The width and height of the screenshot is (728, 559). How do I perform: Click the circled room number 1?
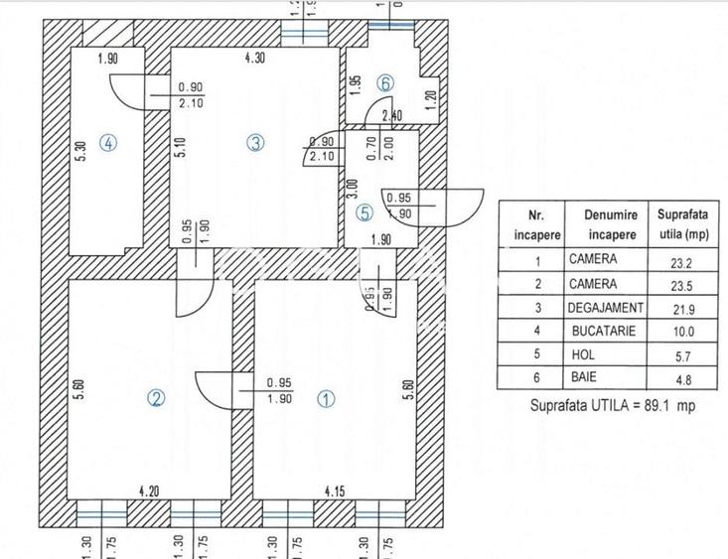[325, 398]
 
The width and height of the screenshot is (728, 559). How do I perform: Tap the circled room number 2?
[156, 398]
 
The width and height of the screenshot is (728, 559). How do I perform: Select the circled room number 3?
[255, 143]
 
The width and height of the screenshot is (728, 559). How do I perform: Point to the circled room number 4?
[108, 143]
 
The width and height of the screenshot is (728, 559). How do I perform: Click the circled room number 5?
[364, 211]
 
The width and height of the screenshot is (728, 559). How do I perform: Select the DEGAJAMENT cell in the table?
[606, 308]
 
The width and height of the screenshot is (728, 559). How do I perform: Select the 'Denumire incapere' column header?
[604, 223]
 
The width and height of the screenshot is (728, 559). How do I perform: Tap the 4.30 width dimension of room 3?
[256, 59]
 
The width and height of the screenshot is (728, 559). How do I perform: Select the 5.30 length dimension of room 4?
[81, 152]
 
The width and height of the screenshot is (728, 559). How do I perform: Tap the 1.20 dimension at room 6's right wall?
[430, 99]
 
